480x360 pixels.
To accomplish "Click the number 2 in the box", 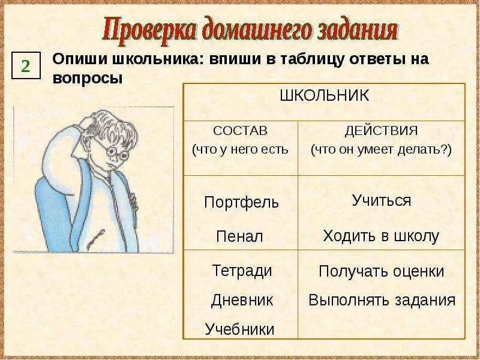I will [x=26, y=65].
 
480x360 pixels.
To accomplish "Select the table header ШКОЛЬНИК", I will [x=324, y=95].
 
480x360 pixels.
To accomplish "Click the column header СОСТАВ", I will [x=240, y=131].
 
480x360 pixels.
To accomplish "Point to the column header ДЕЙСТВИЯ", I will [x=381, y=131].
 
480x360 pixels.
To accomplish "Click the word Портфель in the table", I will [x=241, y=202].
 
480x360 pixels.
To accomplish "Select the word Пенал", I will [x=239, y=236].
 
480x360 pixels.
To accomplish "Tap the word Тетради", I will [x=242, y=271].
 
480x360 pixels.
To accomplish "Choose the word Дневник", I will [x=242, y=300].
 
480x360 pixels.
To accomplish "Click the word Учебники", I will [x=239, y=329].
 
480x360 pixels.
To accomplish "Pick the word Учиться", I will [x=381, y=200].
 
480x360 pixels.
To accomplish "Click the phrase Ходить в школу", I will [x=381, y=236].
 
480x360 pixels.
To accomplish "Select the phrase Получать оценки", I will [x=381, y=271].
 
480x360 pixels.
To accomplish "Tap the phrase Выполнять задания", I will [x=382, y=300].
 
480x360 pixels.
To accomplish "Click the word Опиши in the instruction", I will [x=75, y=61].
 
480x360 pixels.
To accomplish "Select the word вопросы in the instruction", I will [x=87, y=79].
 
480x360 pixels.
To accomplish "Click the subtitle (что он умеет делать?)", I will [x=381, y=149].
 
